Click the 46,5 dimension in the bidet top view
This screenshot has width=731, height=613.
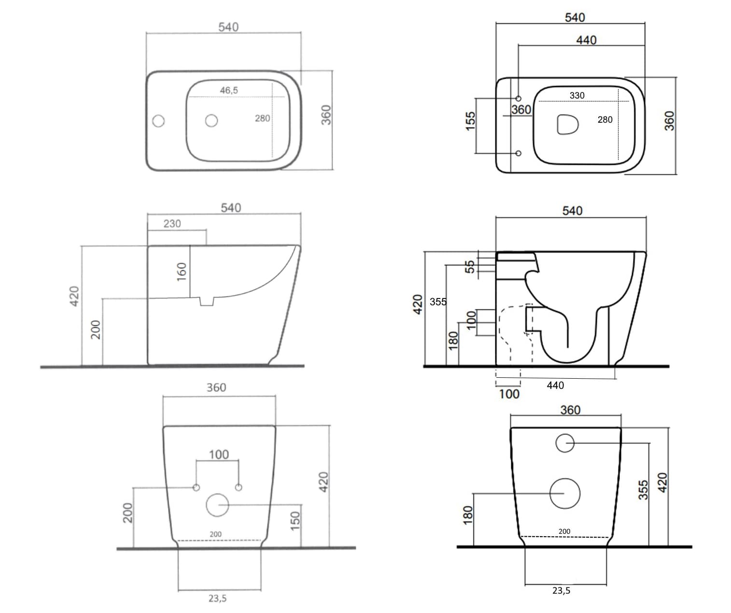(228, 90)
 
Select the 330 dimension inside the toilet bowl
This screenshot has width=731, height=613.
(577, 95)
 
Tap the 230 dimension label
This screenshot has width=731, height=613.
(172, 224)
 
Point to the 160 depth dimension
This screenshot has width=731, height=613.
(182, 271)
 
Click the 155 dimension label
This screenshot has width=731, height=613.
(470, 121)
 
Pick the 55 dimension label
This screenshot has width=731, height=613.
(469, 267)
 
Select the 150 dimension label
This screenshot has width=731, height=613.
(295, 521)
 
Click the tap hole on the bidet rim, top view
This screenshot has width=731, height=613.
(158, 121)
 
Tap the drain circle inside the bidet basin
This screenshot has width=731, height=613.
(211, 120)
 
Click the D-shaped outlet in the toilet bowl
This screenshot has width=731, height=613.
(567, 124)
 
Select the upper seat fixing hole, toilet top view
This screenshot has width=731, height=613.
(519, 99)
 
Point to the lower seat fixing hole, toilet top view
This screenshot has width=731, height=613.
(519, 153)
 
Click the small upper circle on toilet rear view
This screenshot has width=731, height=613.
(565, 443)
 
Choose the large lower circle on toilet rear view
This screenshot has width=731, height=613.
(565, 493)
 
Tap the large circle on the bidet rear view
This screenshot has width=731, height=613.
(217, 505)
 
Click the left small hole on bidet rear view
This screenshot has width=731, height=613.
(197, 487)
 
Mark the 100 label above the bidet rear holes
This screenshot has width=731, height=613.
(219, 455)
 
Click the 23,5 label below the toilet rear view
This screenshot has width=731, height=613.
(561, 590)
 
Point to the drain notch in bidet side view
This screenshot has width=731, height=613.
(207, 301)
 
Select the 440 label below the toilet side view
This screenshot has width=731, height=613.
(555, 385)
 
